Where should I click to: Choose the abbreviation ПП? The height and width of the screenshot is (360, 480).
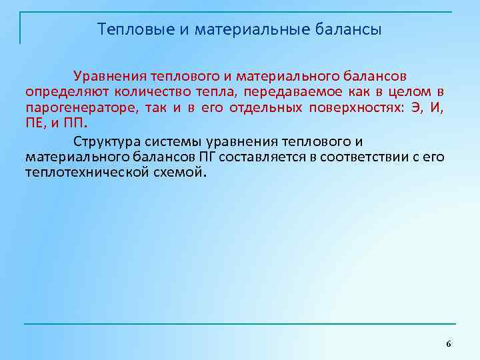coord(76,124)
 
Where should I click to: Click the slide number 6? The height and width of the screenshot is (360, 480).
coord(448,343)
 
